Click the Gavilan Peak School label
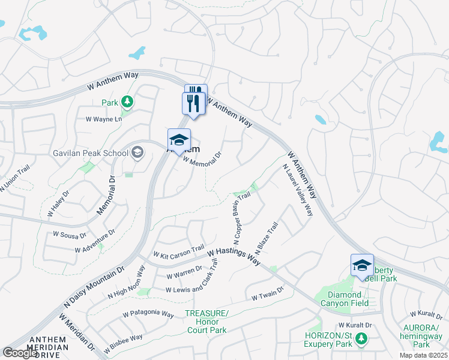pyautogui.click(x=89, y=153)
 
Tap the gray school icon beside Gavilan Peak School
pyautogui.click(x=137, y=152)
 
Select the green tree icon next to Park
pyautogui.click(x=127, y=103)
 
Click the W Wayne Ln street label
pyautogui.click(x=104, y=119)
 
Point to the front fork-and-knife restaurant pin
pyautogui.click(x=193, y=103)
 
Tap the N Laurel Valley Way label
pyautogui.click(x=298, y=190)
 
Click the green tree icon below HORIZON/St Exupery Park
pyautogui.click(x=361, y=340)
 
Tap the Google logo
pyautogui.click(x=20, y=352)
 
